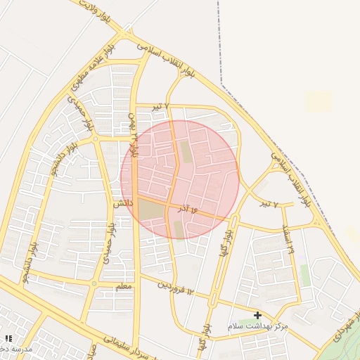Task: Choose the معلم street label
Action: [123, 287]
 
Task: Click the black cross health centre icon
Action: [258, 315]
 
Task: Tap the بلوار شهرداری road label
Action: [344, 331]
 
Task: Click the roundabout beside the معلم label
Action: [94, 283]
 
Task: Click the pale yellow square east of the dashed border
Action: [319, 102]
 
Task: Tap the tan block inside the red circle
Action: [150, 210]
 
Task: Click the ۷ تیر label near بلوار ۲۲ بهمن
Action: [162, 106]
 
